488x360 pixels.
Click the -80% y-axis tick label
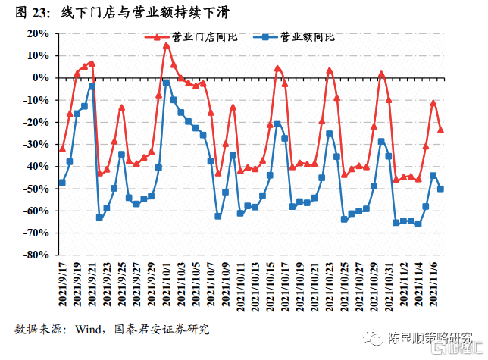pyautogui.click(x=36, y=255)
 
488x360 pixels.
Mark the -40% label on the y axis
pyautogui.click(x=36, y=167)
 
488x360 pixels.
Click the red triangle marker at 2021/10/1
pyautogui.click(x=166, y=45)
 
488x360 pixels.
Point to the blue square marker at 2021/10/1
pyautogui.click(x=166, y=82)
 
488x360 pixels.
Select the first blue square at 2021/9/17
pyautogui.click(x=62, y=183)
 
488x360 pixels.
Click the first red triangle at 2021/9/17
pyautogui.click(x=62, y=149)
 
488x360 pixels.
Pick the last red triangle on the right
pyautogui.click(x=440, y=130)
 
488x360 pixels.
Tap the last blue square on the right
pyautogui.click(x=440, y=189)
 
